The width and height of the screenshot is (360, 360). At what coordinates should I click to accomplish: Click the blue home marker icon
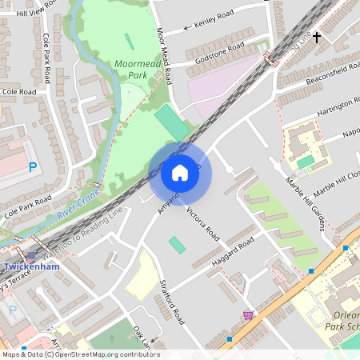point(180,173)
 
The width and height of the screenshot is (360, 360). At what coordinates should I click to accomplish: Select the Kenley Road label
point(214,18)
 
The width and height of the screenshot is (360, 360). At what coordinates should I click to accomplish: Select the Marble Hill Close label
point(337,183)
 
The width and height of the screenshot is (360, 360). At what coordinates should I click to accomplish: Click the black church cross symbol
point(316,37)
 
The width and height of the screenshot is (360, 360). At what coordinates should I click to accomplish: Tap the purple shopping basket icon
point(248,315)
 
